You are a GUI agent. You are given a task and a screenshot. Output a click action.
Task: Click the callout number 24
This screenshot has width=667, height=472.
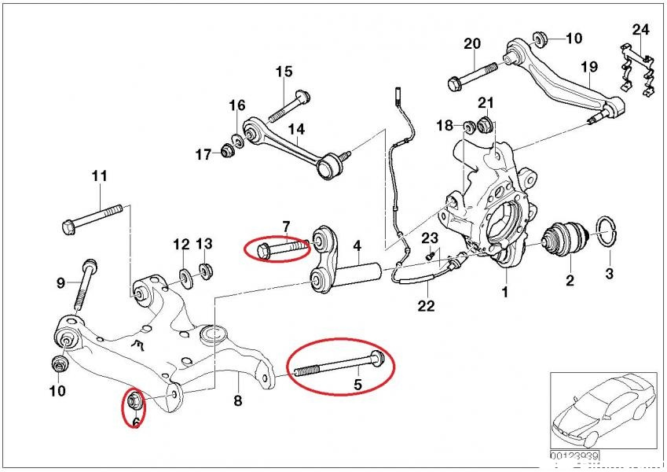[x=641, y=31]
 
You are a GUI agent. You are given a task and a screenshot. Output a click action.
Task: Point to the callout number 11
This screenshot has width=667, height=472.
[x=99, y=176]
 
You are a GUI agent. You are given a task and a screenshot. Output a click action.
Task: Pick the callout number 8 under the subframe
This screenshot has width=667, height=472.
[x=238, y=400]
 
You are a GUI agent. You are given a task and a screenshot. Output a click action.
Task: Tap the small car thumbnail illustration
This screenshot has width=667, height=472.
[x=600, y=409]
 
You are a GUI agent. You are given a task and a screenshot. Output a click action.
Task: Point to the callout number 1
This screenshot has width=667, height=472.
[x=504, y=292]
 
